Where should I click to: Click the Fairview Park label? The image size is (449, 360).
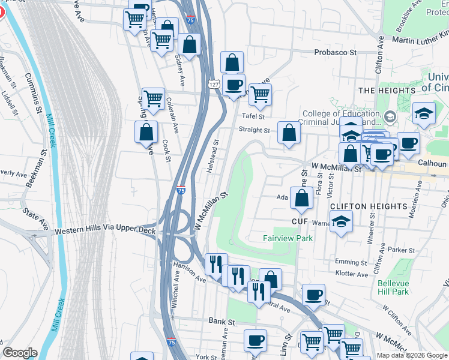coord(288,238)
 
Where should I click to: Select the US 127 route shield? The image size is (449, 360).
coord(214,85)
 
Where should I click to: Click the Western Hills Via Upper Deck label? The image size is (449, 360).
coord(105,231)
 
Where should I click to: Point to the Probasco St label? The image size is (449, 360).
coord(337,53)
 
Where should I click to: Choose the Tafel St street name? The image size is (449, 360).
coord(253,116)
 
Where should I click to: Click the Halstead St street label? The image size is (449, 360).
coord(212,157)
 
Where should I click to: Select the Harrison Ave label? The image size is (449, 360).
coord(189,271)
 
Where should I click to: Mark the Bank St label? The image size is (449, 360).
coord(221,322)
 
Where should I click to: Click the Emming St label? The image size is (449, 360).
coord(351,262)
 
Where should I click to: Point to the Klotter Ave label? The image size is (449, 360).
coord(352,274)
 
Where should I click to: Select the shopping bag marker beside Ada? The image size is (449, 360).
coord(301,197)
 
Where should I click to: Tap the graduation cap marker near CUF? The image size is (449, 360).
coord(341,223)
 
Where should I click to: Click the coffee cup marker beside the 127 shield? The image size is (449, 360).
coord(234,85)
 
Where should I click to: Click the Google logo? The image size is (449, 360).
coord(20,353)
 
